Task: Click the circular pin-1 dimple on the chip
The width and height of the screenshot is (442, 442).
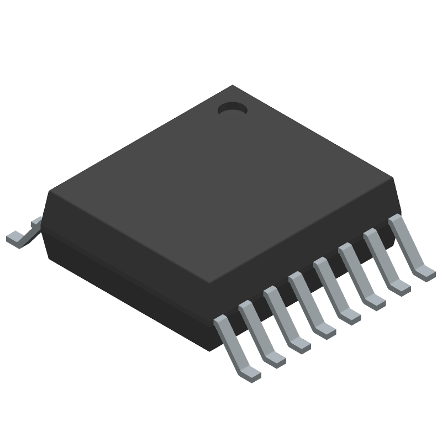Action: [231, 109]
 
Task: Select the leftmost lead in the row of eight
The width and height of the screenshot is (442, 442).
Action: [235, 348]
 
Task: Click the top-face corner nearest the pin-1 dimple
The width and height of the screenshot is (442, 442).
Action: [233, 86]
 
